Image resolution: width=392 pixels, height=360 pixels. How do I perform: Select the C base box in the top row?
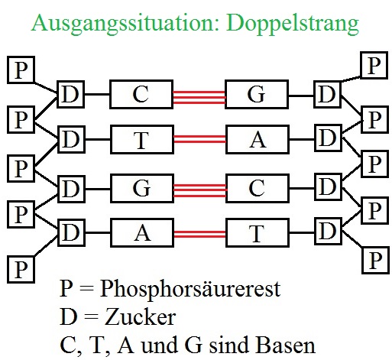click(x=141, y=96)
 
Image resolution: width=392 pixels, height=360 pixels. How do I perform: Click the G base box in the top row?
click(x=256, y=96)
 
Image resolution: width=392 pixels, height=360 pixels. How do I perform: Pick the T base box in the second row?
click(x=141, y=140)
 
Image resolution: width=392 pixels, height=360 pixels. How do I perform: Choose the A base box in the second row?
click(x=256, y=140)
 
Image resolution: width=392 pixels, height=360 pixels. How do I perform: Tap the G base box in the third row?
click(x=141, y=186)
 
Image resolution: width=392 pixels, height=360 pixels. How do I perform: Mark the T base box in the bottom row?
click(x=256, y=232)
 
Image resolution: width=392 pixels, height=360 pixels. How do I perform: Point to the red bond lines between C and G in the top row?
click(x=199, y=96)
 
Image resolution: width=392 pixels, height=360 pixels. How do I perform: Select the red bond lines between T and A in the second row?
click(x=199, y=140)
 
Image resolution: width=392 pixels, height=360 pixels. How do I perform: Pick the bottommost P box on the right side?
click(x=374, y=259)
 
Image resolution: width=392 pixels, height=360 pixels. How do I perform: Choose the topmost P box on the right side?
click(x=373, y=65)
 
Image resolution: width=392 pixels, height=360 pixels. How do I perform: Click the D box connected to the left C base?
click(x=71, y=96)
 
